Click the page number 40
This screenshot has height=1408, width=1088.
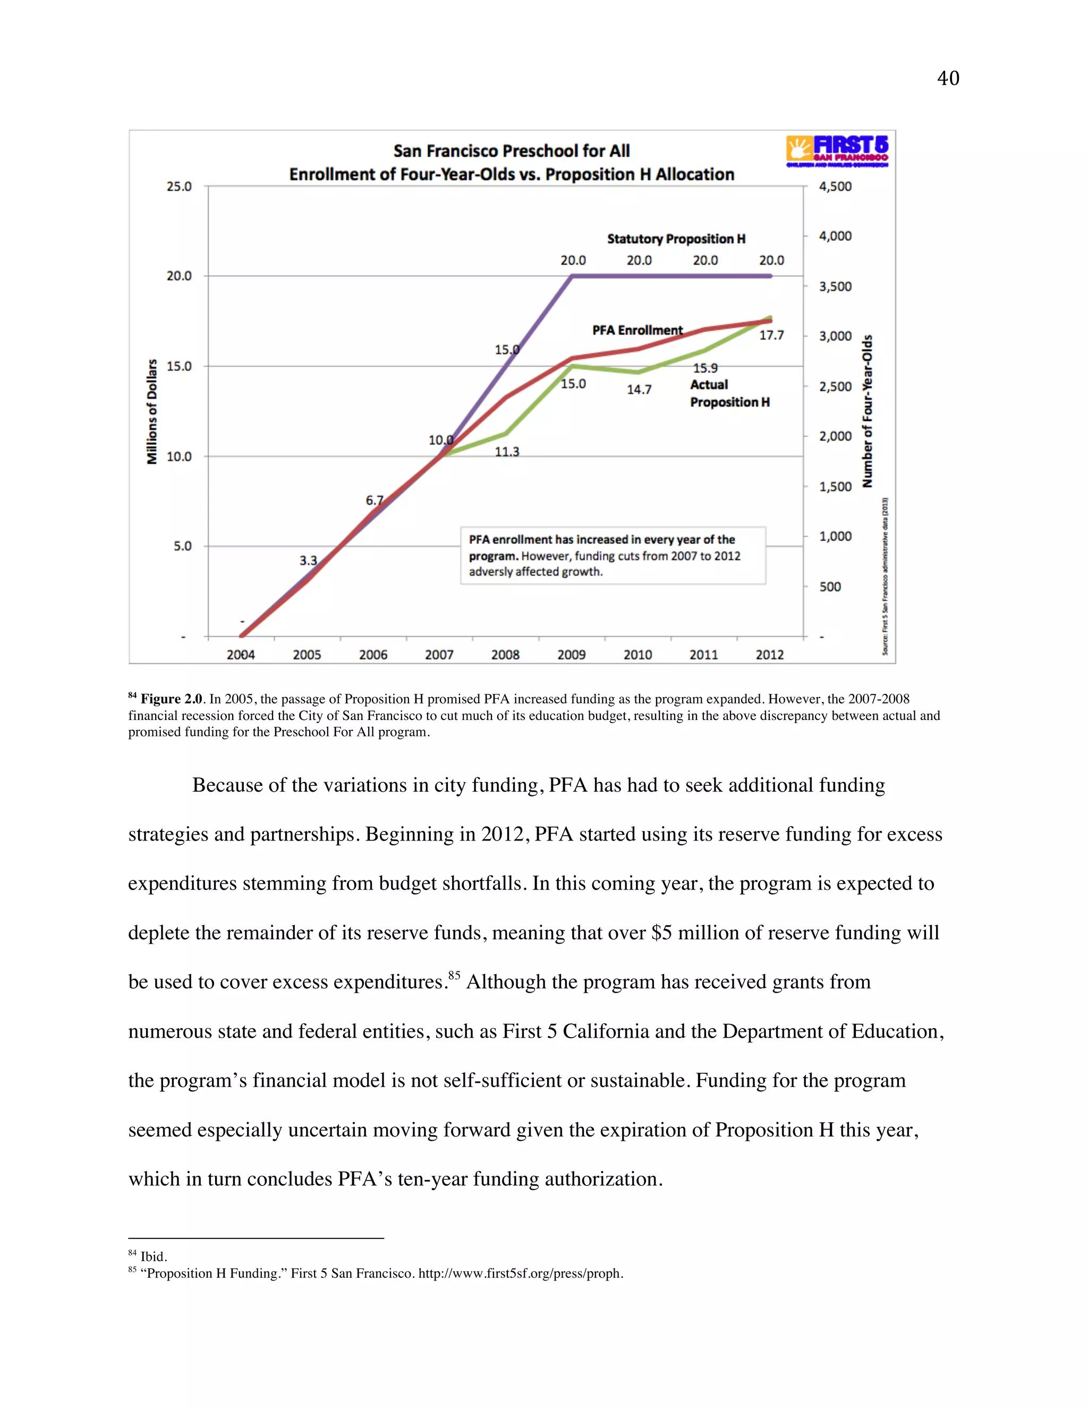[x=948, y=79]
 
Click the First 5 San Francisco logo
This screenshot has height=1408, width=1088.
[x=837, y=151]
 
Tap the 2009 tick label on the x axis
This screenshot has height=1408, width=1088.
[x=571, y=655]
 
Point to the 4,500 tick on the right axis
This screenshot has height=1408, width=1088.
[x=835, y=186]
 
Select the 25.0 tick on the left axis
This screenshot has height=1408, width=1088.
[x=179, y=186]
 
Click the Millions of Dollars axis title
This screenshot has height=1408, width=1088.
[x=152, y=411]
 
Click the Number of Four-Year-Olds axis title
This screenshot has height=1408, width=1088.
[x=868, y=411]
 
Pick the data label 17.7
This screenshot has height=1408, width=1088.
[x=771, y=335]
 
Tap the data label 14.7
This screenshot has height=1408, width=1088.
[x=639, y=389]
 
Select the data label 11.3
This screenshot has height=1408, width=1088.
[x=507, y=452]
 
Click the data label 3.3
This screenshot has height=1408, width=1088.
[x=308, y=560]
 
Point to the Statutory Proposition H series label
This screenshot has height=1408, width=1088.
[x=676, y=239]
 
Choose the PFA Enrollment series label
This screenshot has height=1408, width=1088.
[x=637, y=330]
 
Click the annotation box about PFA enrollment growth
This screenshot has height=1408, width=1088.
[x=613, y=556]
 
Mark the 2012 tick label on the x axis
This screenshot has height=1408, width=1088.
[x=770, y=655]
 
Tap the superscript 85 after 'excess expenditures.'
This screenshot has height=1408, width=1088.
[x=454, y=975]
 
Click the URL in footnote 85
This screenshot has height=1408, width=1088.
[x=520, y=1273]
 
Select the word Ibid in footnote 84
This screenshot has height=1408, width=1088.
[x=153, y=1257]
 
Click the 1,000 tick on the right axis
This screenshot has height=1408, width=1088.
[x=835, y=537]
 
